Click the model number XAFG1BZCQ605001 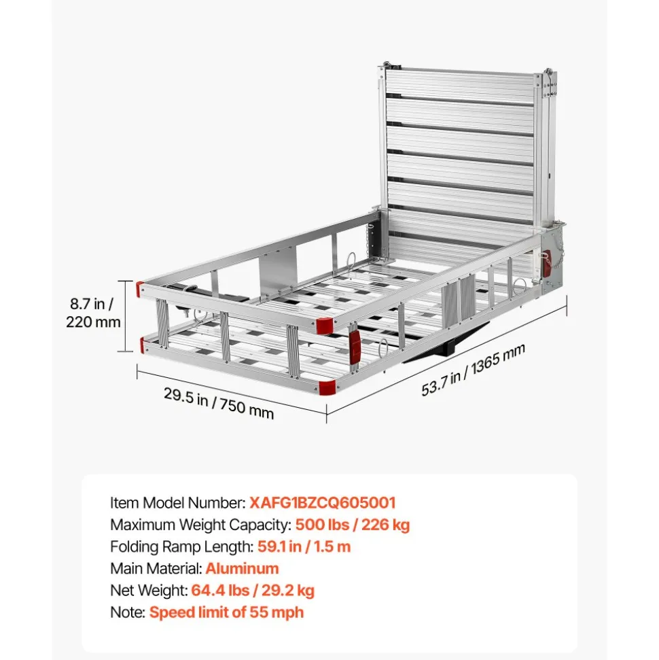point(322,502)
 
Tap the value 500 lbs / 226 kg point(352,525)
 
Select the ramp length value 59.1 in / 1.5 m point(304,546)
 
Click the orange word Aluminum point(242,569)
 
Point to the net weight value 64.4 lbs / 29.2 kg point(253,591)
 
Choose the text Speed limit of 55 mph point(226,612)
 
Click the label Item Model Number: point(178,502)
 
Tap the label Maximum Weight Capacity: point(200,525)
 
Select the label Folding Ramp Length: point(182,546)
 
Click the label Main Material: point(156,569)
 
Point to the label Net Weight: point(149,591)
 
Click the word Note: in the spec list point(128,612)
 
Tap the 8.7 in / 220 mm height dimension point(93,313)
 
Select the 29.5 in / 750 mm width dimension point(218,403)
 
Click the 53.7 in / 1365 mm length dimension point(473,370)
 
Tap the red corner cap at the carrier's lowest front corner point(327,387)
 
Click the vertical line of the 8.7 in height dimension point(125,315)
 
